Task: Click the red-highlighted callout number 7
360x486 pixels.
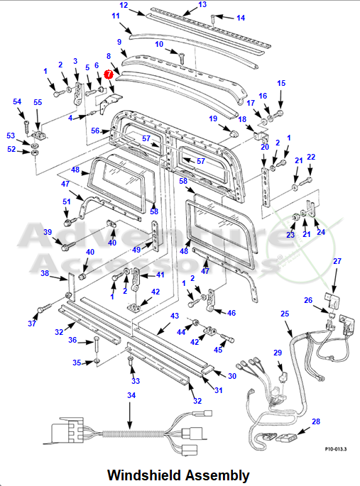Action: point(109,74)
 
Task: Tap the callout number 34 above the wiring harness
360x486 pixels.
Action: point(131,395)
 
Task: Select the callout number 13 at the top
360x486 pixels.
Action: point(202,5)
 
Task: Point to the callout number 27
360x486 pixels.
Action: point(337,261)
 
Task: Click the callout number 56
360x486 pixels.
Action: point(95,131)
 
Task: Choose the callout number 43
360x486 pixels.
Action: point(175,316)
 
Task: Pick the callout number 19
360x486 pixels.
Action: point(213,118)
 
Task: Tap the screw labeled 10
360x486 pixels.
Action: point(182,57)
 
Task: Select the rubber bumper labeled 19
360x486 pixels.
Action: point(233,133)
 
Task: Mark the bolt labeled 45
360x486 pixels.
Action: point(228,338)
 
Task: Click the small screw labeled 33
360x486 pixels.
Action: point(130,360)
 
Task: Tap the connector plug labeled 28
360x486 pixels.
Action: point(286,438)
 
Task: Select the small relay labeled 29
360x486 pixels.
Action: point(283,377)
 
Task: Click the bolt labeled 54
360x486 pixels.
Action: point(26,126)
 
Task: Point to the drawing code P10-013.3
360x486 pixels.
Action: point(336,449)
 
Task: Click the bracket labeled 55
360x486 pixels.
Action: point(39,135)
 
